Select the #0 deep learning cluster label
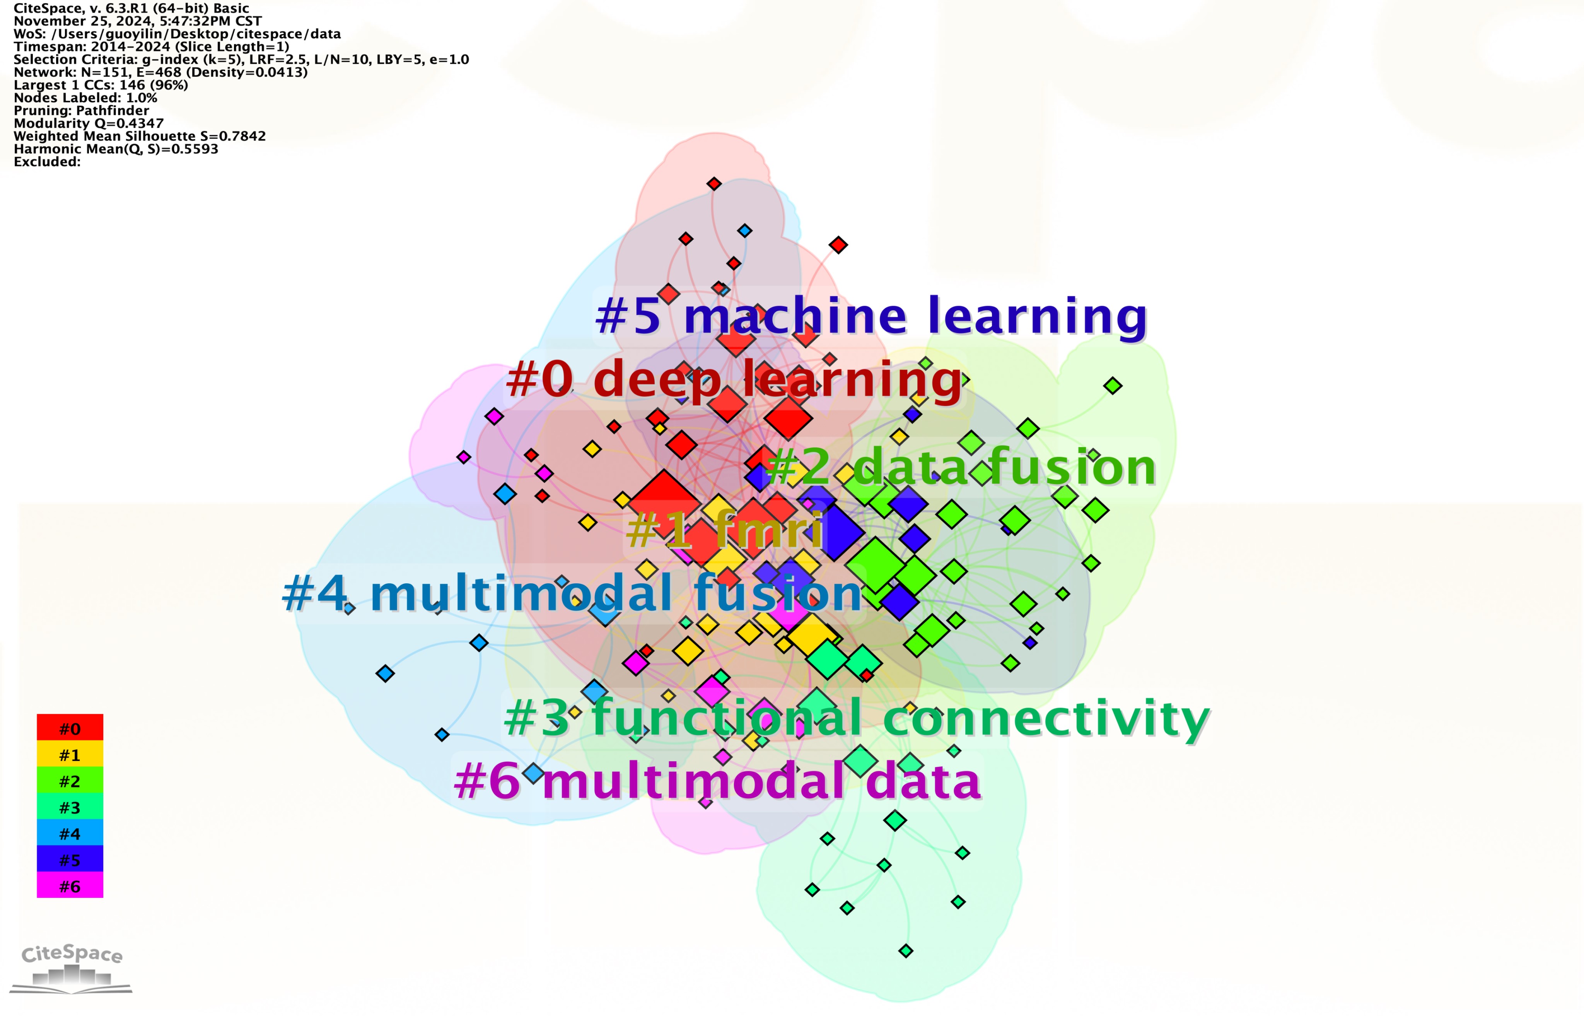pos(734,379)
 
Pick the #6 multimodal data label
pos(717,781)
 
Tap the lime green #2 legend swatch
pos(70,781)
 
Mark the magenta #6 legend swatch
pos(70,885)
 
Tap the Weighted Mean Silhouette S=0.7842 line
pos(139,136)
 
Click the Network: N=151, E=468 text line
pos(160,72)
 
